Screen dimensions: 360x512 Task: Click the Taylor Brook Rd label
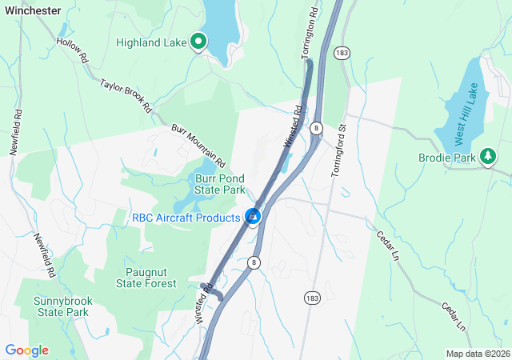tap(126, 95)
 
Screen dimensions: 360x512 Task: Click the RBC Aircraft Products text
tap(186, 218)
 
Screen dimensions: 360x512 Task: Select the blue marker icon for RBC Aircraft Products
tap(253, 216)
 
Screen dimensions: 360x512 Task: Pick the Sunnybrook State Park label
tap(61, 306)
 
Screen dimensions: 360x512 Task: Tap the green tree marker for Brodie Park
tap(486, 157)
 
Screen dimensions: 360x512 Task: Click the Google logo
tap(26, 350)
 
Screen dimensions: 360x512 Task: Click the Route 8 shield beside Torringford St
tap(317, 128)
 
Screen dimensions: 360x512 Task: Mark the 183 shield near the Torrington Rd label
tap(342, 52)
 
